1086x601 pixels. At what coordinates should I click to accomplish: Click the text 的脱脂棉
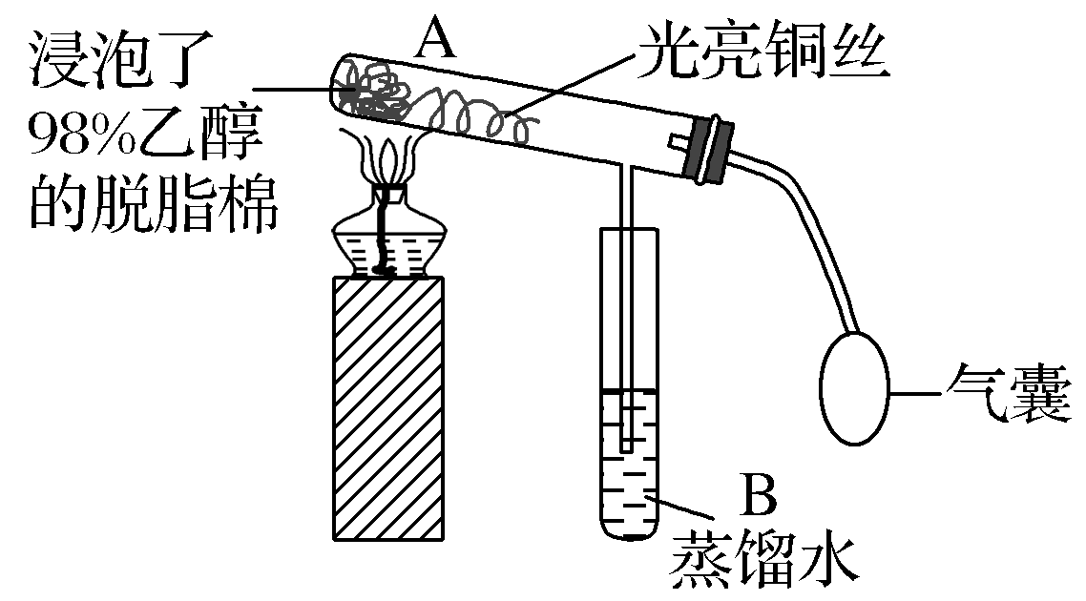153,205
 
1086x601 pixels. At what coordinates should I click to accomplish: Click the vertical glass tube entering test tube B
622,286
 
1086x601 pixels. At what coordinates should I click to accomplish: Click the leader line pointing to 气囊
916,391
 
